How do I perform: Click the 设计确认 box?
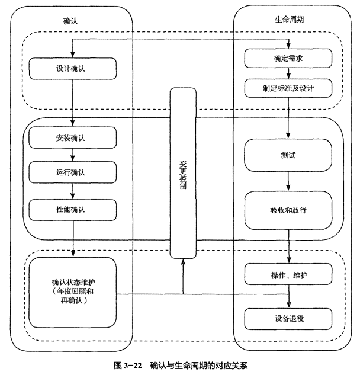pos(70,68)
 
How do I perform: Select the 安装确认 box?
pos(70,139)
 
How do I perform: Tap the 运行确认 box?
pos(70,173)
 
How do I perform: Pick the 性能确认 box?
pos(70,209)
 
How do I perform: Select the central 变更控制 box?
pos(182,172)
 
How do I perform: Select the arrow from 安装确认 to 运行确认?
pos(72,156)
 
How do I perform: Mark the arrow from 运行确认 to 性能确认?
pos(72,191)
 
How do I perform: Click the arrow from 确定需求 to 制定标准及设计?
pos(288,73)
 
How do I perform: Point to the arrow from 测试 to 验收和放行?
pos(288,181)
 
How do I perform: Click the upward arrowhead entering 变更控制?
pos(182,264)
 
